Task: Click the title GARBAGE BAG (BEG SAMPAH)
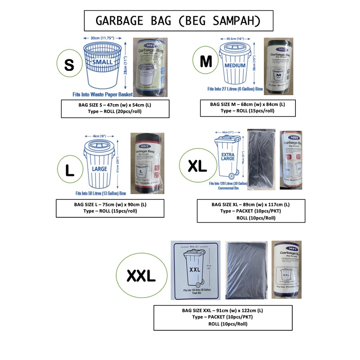tap(179, 22)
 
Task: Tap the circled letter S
tap(69, 64)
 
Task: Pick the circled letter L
tap(70, 170)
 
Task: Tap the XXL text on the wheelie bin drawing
tap(194, 269)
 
